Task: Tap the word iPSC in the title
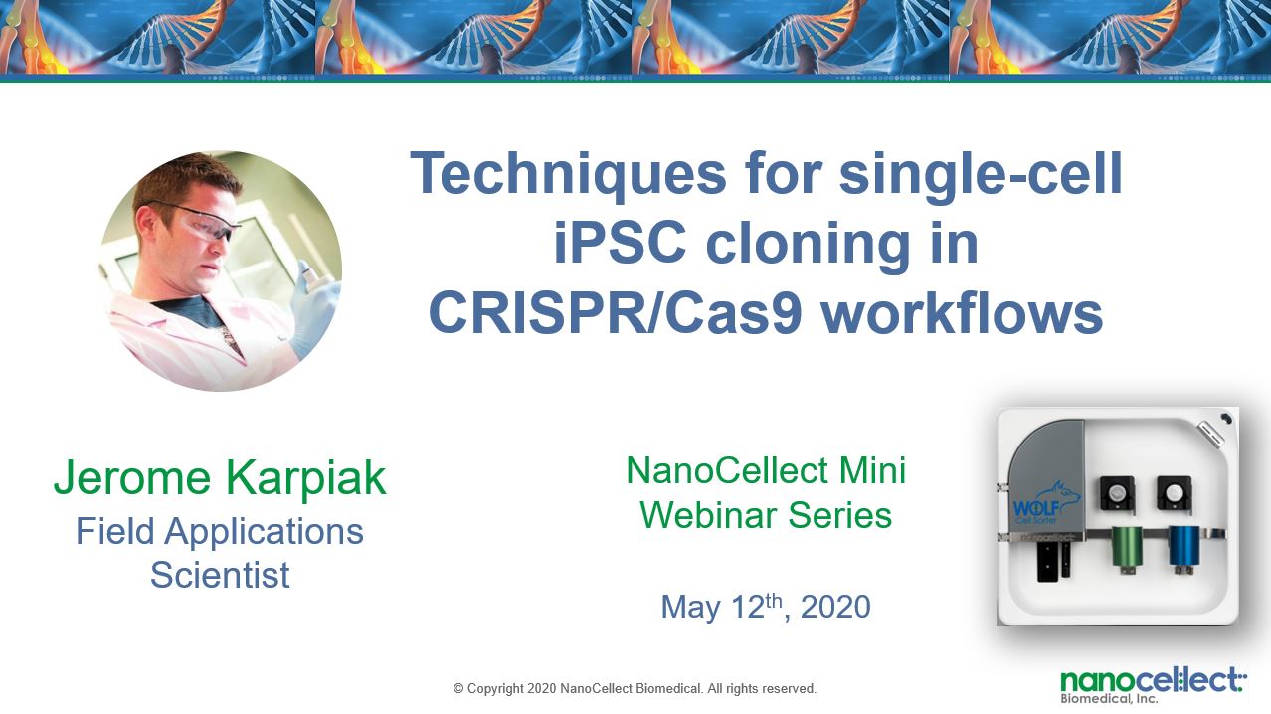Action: tap(620, 243)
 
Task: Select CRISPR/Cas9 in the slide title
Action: tap(616, 313)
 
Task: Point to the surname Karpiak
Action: tap(306, 478)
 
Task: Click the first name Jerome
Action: tap(132, 477)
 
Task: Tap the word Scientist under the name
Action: tap(220, 575)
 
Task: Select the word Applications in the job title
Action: tap(264, 532)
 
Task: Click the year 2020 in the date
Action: tap(835, 607)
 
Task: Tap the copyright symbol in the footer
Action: tap(458, 689)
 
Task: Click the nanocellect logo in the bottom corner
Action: tap(1153, 685)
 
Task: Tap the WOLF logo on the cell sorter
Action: tap(1045, 504)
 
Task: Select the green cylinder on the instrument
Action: tap(1127, 548)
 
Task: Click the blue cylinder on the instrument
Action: tap(1184, 548)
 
